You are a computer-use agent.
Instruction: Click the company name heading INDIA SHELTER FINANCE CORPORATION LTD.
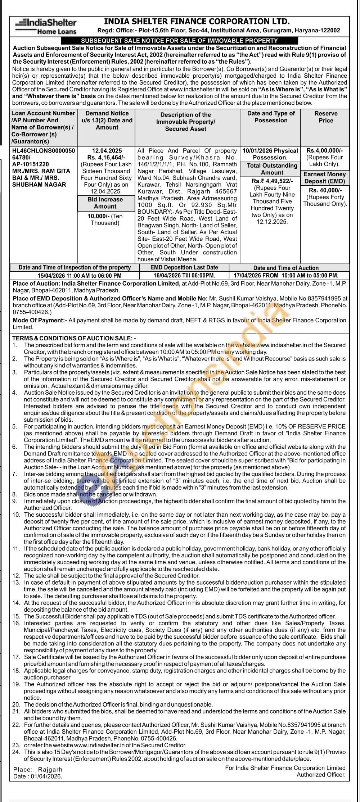pos(197,22)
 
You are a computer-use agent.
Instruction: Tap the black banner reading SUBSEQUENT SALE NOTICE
pos(179,41)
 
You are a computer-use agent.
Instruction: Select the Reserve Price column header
pos(325,117)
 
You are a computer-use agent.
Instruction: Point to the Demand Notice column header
pos(107,120)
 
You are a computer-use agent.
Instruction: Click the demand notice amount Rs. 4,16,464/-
pos(107,157)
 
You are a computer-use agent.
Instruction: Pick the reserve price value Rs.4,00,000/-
pos(325,150)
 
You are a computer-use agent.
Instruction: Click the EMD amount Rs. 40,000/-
pos(325,190)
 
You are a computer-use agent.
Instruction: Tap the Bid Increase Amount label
pos(105,203)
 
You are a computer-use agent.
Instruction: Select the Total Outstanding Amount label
pos(272,169)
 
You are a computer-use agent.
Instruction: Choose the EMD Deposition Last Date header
pos(184,267)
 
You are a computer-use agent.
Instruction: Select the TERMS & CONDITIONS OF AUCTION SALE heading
pos(74,338)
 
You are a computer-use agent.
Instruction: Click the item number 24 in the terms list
pos(16,752)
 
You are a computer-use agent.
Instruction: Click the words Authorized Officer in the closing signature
pos(321,775)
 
